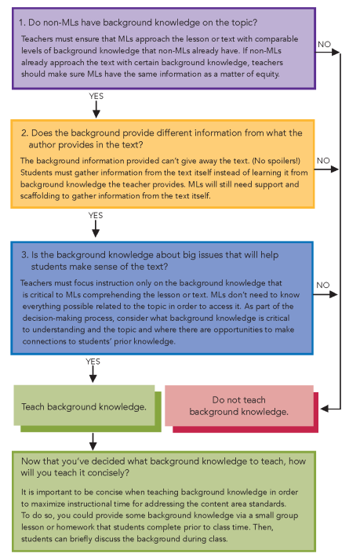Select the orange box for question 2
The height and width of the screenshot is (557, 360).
tap(162, 163)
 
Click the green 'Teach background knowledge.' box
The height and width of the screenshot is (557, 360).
tap(85, 406)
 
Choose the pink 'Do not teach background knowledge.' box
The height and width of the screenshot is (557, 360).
tap(240, 406)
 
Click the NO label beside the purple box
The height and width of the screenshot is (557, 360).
tap(323, 44)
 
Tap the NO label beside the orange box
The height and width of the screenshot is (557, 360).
tap(323, 160)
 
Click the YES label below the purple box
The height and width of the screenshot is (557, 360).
tap(96, 96)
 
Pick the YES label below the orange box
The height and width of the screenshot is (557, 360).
tap(96, 215)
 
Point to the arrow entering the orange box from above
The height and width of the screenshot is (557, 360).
tap(95, 111)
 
